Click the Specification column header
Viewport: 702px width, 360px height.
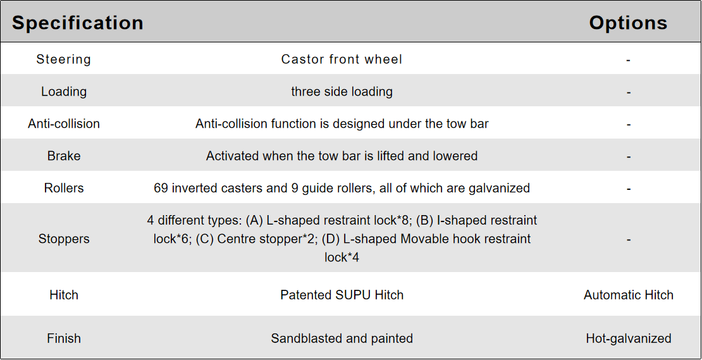tap(77, 23)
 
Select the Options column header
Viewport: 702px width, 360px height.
tap(628, 23)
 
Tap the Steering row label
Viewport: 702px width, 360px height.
tap(64, 59)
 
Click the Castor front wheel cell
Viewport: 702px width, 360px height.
tap(342, 59)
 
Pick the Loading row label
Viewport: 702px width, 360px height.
tap(64, 92)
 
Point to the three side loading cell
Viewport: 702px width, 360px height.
tap(342, 92)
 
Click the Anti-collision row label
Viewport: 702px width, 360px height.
tap(64, 124)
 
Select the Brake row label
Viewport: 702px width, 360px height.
tap(64, 156)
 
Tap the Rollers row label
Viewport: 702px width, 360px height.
tap(64, 188)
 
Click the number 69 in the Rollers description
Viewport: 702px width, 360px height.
tap(161, 188)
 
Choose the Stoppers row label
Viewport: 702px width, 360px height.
tap(64, 239)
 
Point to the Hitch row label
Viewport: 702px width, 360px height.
tap(64, 295)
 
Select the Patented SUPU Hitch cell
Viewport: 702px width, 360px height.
tap(342, 295)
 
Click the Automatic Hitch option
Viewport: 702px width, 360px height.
tap(628, 295)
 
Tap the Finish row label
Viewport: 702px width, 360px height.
tap(64, 338)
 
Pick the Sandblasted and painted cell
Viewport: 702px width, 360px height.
tap(342, 338)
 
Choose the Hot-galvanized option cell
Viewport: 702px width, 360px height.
tap(628, 338)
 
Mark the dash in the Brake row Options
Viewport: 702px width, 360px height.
tap(629, 157)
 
